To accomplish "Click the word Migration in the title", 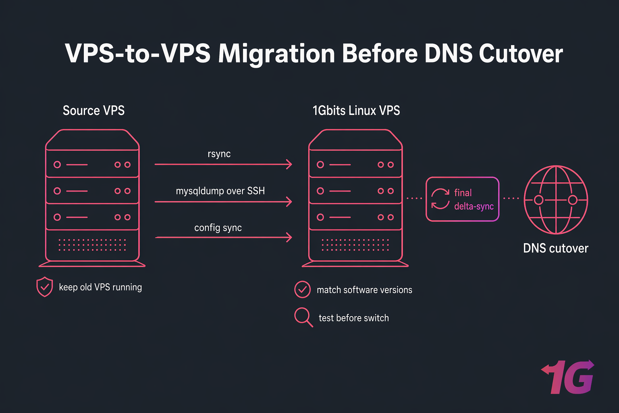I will [276, 54].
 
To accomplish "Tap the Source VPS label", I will [93, 111].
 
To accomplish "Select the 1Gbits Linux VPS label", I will [356, 111].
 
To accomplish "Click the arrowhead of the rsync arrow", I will [289, 165].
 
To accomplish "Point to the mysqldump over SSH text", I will [220, 191].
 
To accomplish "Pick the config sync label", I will [218, 228].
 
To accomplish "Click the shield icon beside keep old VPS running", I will [45, 287].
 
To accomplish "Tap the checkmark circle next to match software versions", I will [302, 290].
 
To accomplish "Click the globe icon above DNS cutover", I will [556, 200].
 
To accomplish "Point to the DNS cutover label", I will [556, 248].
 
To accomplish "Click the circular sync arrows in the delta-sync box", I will [440, 199].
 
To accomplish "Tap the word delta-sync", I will [474, 206].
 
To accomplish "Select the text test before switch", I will [353, 318].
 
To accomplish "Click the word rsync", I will [219, 154].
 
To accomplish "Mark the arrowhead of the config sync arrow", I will [289, 238].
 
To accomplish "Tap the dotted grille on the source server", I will [92, 245].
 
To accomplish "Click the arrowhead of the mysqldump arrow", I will [289, 201].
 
